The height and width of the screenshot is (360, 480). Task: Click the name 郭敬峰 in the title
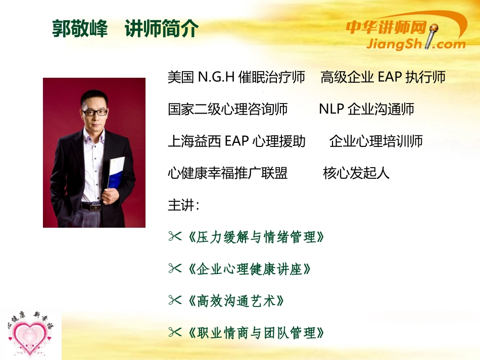point(80,29)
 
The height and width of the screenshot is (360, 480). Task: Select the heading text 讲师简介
point(161,29)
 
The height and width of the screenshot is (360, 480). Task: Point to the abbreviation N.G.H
point(216,77)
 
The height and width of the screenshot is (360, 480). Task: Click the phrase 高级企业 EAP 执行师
point(383,77)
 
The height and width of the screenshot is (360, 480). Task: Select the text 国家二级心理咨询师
point(228,109)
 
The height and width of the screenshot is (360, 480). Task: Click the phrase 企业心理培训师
point(376,141)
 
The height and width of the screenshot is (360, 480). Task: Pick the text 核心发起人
point(356,173)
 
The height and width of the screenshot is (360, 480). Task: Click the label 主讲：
point(184,205)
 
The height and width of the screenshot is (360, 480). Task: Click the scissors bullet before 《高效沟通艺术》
point(175,301)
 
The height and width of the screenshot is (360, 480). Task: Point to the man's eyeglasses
point(94,112)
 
